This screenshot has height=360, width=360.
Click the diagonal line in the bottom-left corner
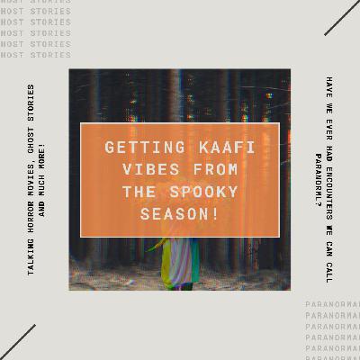coord(18,342)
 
